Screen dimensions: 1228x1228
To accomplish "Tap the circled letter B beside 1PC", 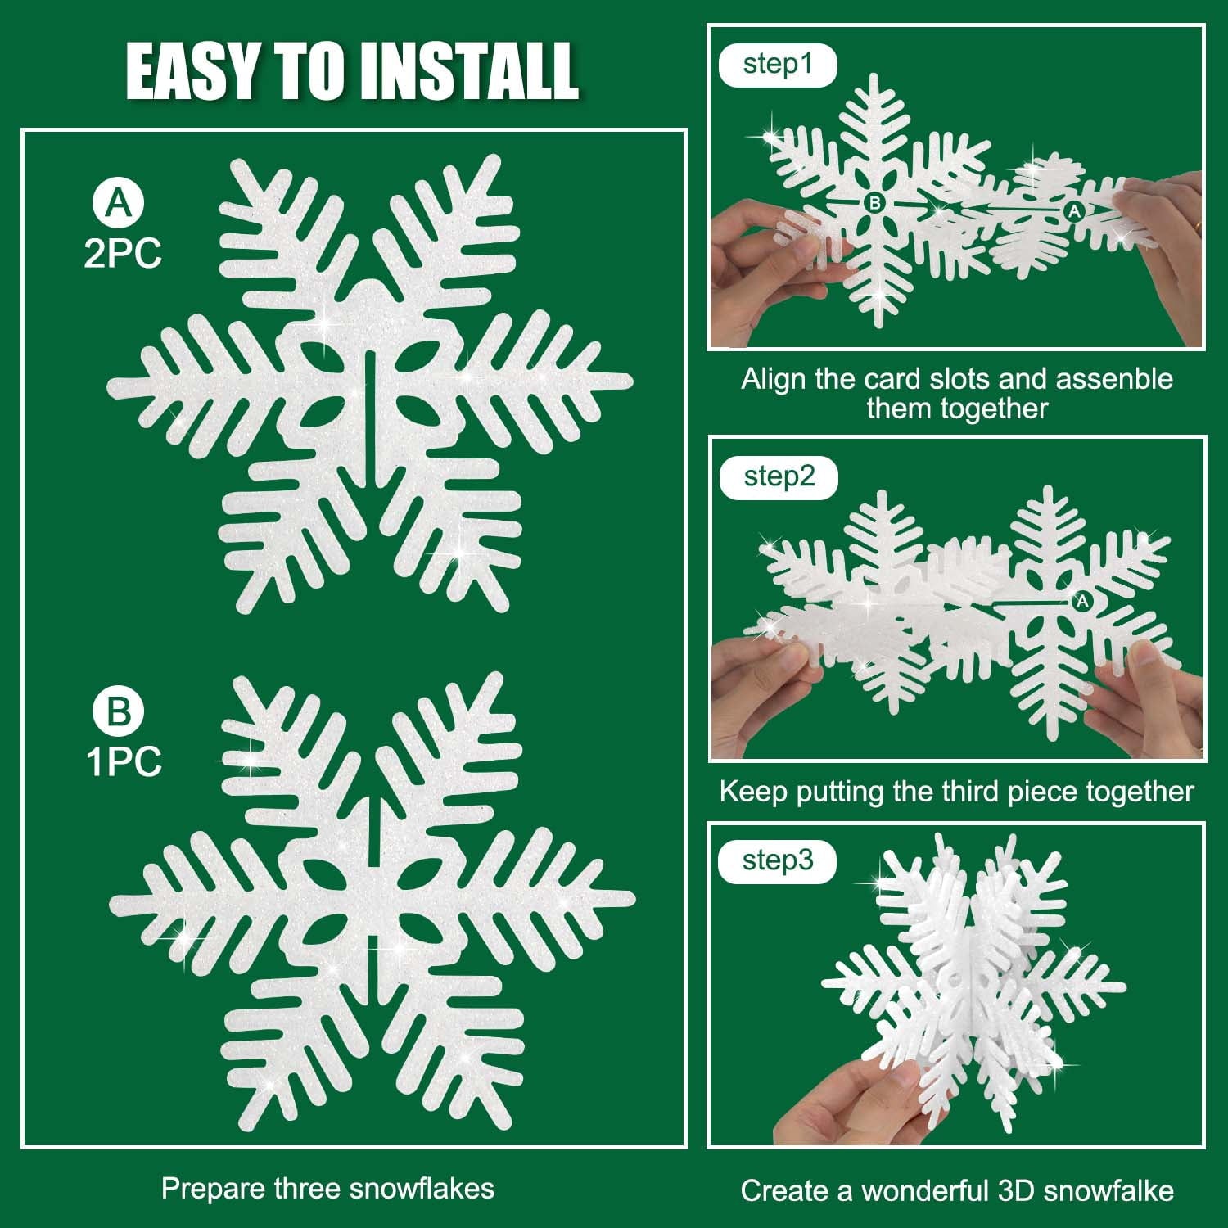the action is point(119,711).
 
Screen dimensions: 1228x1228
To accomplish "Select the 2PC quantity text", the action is point(123,254).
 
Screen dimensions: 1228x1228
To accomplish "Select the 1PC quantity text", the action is point(124,761).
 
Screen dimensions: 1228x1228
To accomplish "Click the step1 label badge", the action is point(778,65).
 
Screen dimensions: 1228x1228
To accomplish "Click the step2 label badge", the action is point(779,477).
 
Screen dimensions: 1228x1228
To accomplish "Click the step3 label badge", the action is point(778,861).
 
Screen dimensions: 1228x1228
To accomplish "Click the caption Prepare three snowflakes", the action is point(327,1189).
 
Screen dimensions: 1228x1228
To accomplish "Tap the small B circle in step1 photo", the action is point(874,202).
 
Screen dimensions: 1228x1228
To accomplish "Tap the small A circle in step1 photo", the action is point(1074,212).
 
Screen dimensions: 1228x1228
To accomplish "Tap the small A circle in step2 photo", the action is point(1082,602).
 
